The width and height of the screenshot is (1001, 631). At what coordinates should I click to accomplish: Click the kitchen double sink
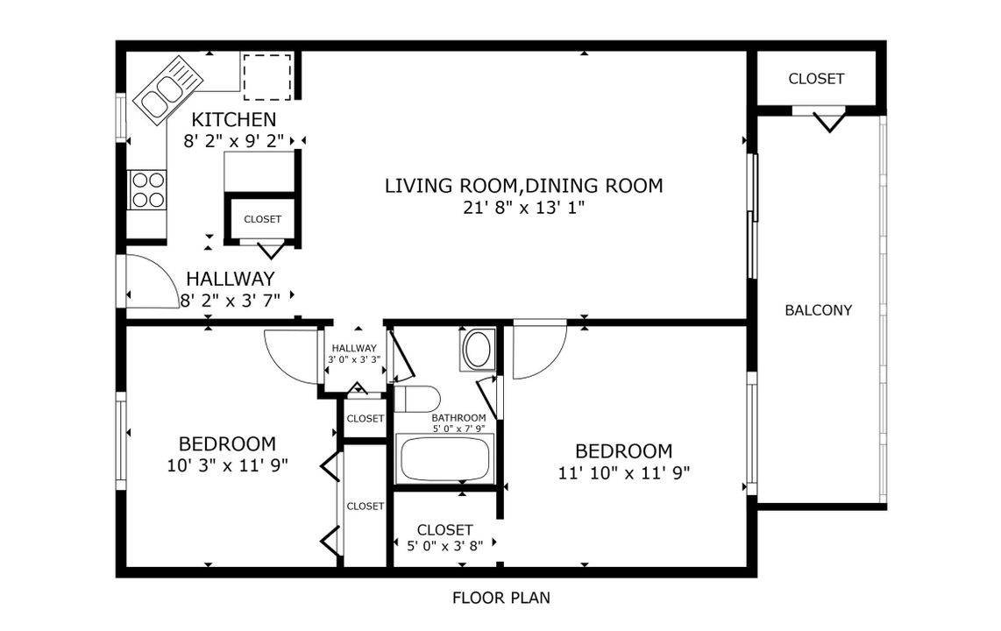point(167,90)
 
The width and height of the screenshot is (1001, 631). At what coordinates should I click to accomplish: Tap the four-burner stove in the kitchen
point(147,189)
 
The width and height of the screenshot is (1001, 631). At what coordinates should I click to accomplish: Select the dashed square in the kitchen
point(266,76)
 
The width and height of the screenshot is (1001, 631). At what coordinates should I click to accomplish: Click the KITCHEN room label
point(234,119)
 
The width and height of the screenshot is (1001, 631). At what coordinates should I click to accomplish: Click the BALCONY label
point(818,309)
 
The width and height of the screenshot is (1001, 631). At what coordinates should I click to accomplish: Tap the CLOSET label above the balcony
point(816,78)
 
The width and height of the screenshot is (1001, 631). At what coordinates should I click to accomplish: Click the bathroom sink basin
point(477,350)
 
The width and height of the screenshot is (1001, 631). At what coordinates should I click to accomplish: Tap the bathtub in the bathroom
point(444,458)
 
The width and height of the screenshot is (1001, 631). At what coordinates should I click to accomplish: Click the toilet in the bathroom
point(416,399)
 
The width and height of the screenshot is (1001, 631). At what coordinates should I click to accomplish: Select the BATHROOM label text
point(458,417)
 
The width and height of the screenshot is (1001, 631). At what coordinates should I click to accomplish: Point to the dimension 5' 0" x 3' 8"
point(445,545)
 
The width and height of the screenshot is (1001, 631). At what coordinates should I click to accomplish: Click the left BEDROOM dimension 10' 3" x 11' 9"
point(227,465)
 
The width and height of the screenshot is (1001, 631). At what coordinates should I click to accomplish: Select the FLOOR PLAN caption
point(501,599)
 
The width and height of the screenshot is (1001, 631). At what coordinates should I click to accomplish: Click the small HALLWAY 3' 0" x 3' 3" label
point(354,353)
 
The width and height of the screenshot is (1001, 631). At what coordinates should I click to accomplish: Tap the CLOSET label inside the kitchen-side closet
point(262,219)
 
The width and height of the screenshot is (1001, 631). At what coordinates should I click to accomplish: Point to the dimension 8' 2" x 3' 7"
point(230,301)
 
